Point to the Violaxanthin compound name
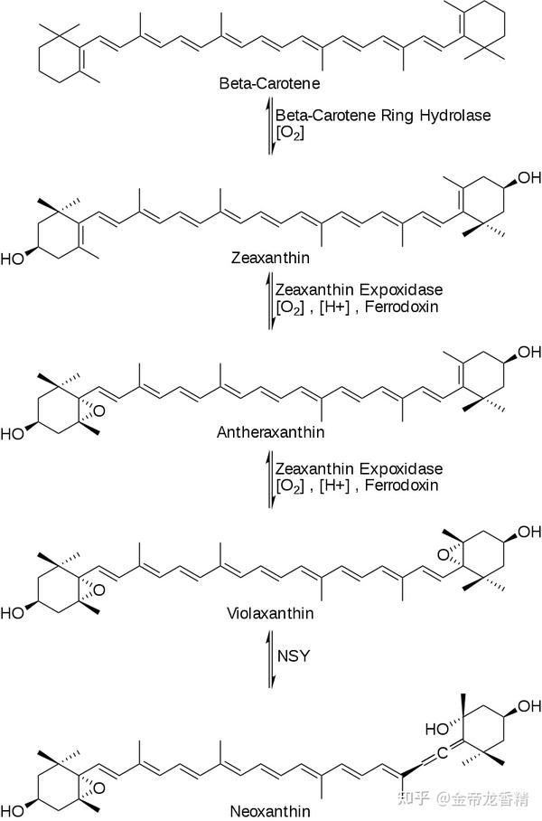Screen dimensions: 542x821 [x=270, y=613]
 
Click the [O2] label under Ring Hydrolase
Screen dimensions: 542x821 [x=290, y=133]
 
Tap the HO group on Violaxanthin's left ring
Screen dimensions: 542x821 [x=14, y=613]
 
